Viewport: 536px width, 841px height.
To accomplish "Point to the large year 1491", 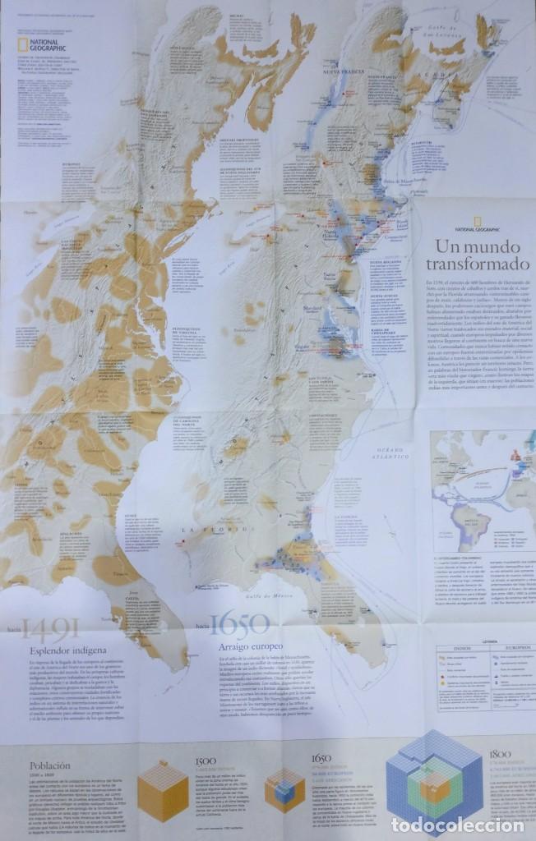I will (x=51, y=630).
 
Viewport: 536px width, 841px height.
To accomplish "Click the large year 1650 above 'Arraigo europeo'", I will (x=239, y=624).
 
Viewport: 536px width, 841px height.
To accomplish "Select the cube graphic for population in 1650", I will (x=284, y=790).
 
